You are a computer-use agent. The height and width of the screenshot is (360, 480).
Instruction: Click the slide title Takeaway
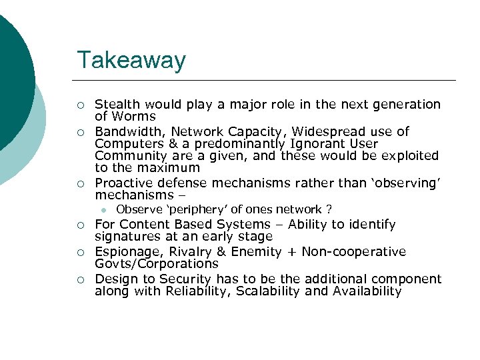(x=131, y=60)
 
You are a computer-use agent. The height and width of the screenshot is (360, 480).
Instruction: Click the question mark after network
(x=329, y=209)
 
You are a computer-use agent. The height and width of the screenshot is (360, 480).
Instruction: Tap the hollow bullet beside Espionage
(x=80, y=253)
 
